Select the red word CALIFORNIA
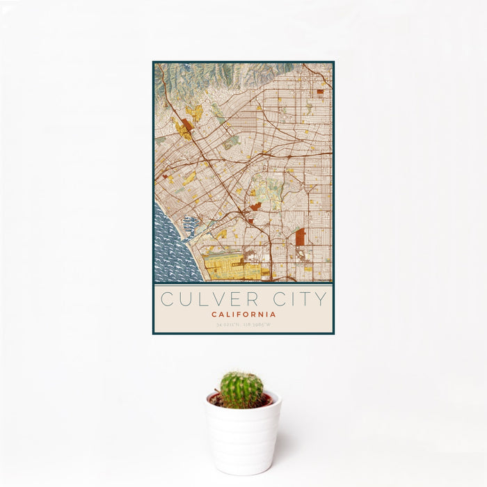click(243, 314)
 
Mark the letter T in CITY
click(303, 299)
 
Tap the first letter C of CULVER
click(168, 299)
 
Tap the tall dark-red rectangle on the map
click(300, 237)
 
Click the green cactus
click(241, 389)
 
